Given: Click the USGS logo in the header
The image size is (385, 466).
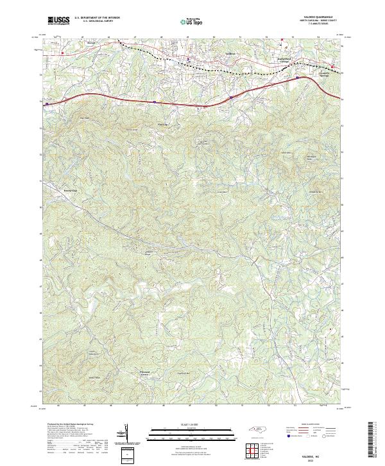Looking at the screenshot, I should [x=59, y=21].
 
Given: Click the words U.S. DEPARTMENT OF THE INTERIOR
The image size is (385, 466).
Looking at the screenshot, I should [x=97, y=18].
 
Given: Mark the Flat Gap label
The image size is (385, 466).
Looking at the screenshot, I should [x=162, y=125].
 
